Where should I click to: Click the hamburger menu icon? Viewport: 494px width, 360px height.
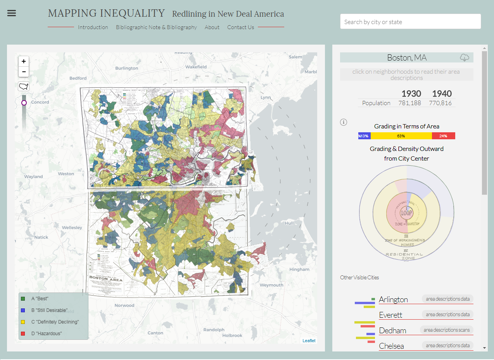tap(12, 13)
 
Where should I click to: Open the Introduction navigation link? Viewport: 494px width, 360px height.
tap(93, 27)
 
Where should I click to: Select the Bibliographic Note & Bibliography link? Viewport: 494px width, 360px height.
tap(156, 27)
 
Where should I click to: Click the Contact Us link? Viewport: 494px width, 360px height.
tap(240, 27)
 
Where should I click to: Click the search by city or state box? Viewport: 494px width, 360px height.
tap(410, 22)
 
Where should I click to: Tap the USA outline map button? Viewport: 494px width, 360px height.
tap(24, 86)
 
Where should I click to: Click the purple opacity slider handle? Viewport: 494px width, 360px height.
tap(24, 103)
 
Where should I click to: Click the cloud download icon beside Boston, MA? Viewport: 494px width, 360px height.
tap(464, 58)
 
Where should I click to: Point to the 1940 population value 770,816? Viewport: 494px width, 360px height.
tap(440, 103)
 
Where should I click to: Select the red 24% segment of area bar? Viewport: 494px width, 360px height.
tap(443, 136)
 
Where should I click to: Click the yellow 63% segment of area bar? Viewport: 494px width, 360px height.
tap(401, 136)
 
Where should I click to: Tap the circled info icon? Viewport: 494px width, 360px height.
tap(343, 122)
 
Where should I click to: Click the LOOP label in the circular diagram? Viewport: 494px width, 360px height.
tap(406, 213)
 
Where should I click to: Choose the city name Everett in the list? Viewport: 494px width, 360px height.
tap(390, 315)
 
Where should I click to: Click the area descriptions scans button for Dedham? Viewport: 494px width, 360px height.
tap(446, 330)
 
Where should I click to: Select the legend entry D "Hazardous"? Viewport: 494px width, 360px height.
tap(47, 334)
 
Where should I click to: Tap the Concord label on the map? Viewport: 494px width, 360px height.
tap(40, 102)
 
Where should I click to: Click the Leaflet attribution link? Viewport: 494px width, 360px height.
tap(309, 341)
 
